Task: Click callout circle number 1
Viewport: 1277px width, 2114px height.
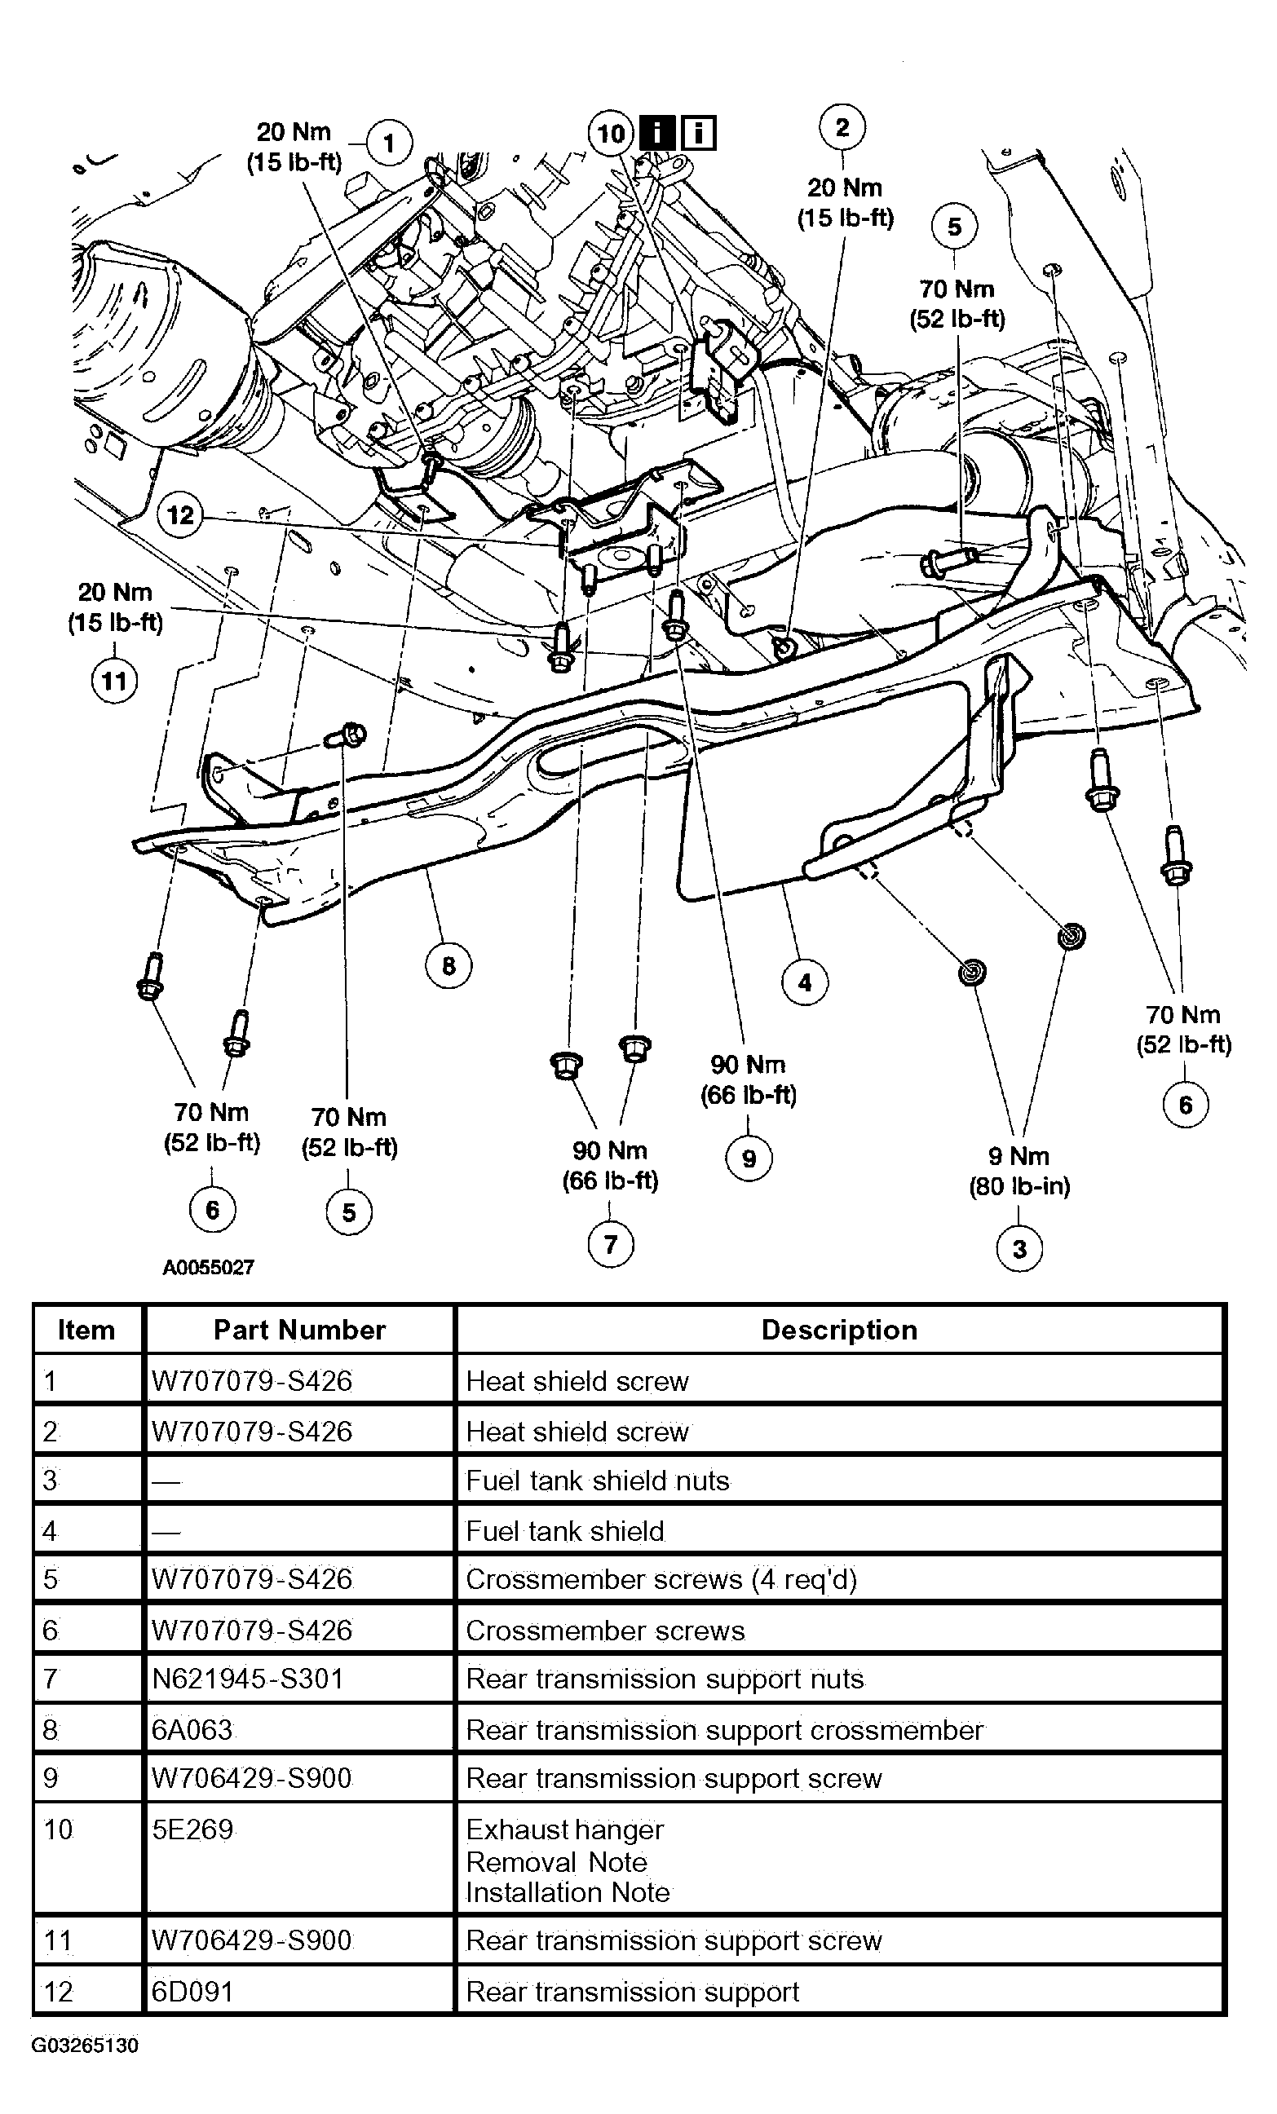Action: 388,143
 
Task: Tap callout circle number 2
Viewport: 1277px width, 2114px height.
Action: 842,128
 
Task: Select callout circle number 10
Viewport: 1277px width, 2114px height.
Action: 610,134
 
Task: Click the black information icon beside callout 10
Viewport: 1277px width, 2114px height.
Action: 658,133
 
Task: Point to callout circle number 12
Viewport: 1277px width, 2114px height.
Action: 180,514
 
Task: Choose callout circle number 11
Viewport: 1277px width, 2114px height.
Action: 114,682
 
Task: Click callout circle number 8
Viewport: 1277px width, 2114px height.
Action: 448,966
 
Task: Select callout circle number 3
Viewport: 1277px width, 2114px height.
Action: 1019,1248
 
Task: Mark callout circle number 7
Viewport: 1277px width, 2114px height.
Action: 610,1244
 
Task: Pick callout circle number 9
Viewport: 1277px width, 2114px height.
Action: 749,1159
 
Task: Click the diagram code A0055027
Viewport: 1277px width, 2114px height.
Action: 209,1267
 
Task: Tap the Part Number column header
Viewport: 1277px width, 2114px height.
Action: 299,1330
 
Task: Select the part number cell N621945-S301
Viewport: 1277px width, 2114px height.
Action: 247,1678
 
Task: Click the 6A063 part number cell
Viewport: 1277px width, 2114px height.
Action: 192,1730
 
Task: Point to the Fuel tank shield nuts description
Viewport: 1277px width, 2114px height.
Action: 597,1481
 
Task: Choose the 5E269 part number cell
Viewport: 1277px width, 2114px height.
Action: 192,1830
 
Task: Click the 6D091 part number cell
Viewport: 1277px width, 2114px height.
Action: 192,1992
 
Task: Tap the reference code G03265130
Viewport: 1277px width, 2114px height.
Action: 85,2046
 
